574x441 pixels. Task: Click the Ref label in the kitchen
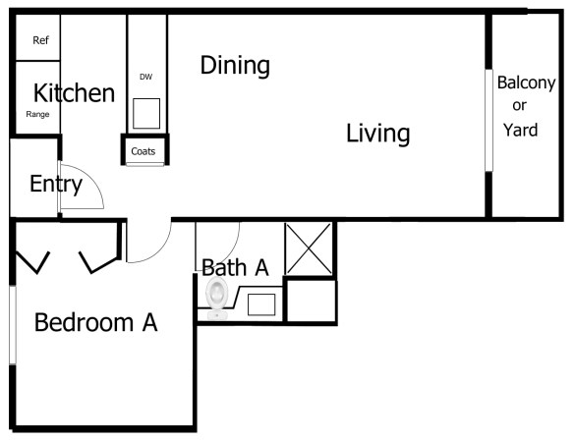(x=40, y=41)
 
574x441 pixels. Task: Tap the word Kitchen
(x=74, y=94)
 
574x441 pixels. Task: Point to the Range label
(x=37, y=115)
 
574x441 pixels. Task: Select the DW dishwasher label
(x=146, y=76)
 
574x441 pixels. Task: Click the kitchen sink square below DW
(x=147, y=113)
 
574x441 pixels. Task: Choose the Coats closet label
(x=143, y=152)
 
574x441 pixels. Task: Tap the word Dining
(x=235, y=66)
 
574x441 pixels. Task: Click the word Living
(x=377, y=134)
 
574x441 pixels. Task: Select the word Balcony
(x=526, y=83)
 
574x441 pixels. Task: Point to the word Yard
(x=521, y=129)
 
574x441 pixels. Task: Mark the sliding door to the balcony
(x=488, y=120)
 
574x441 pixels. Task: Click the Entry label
(x=55, y=184)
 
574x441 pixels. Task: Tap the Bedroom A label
(x=96, y=322)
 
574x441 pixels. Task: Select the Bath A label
(x=235, y=266)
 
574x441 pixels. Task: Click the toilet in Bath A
(x=217, y=295)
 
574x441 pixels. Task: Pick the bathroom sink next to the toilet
(x=260, y=303)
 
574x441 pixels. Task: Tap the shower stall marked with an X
(x=309, y=249)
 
